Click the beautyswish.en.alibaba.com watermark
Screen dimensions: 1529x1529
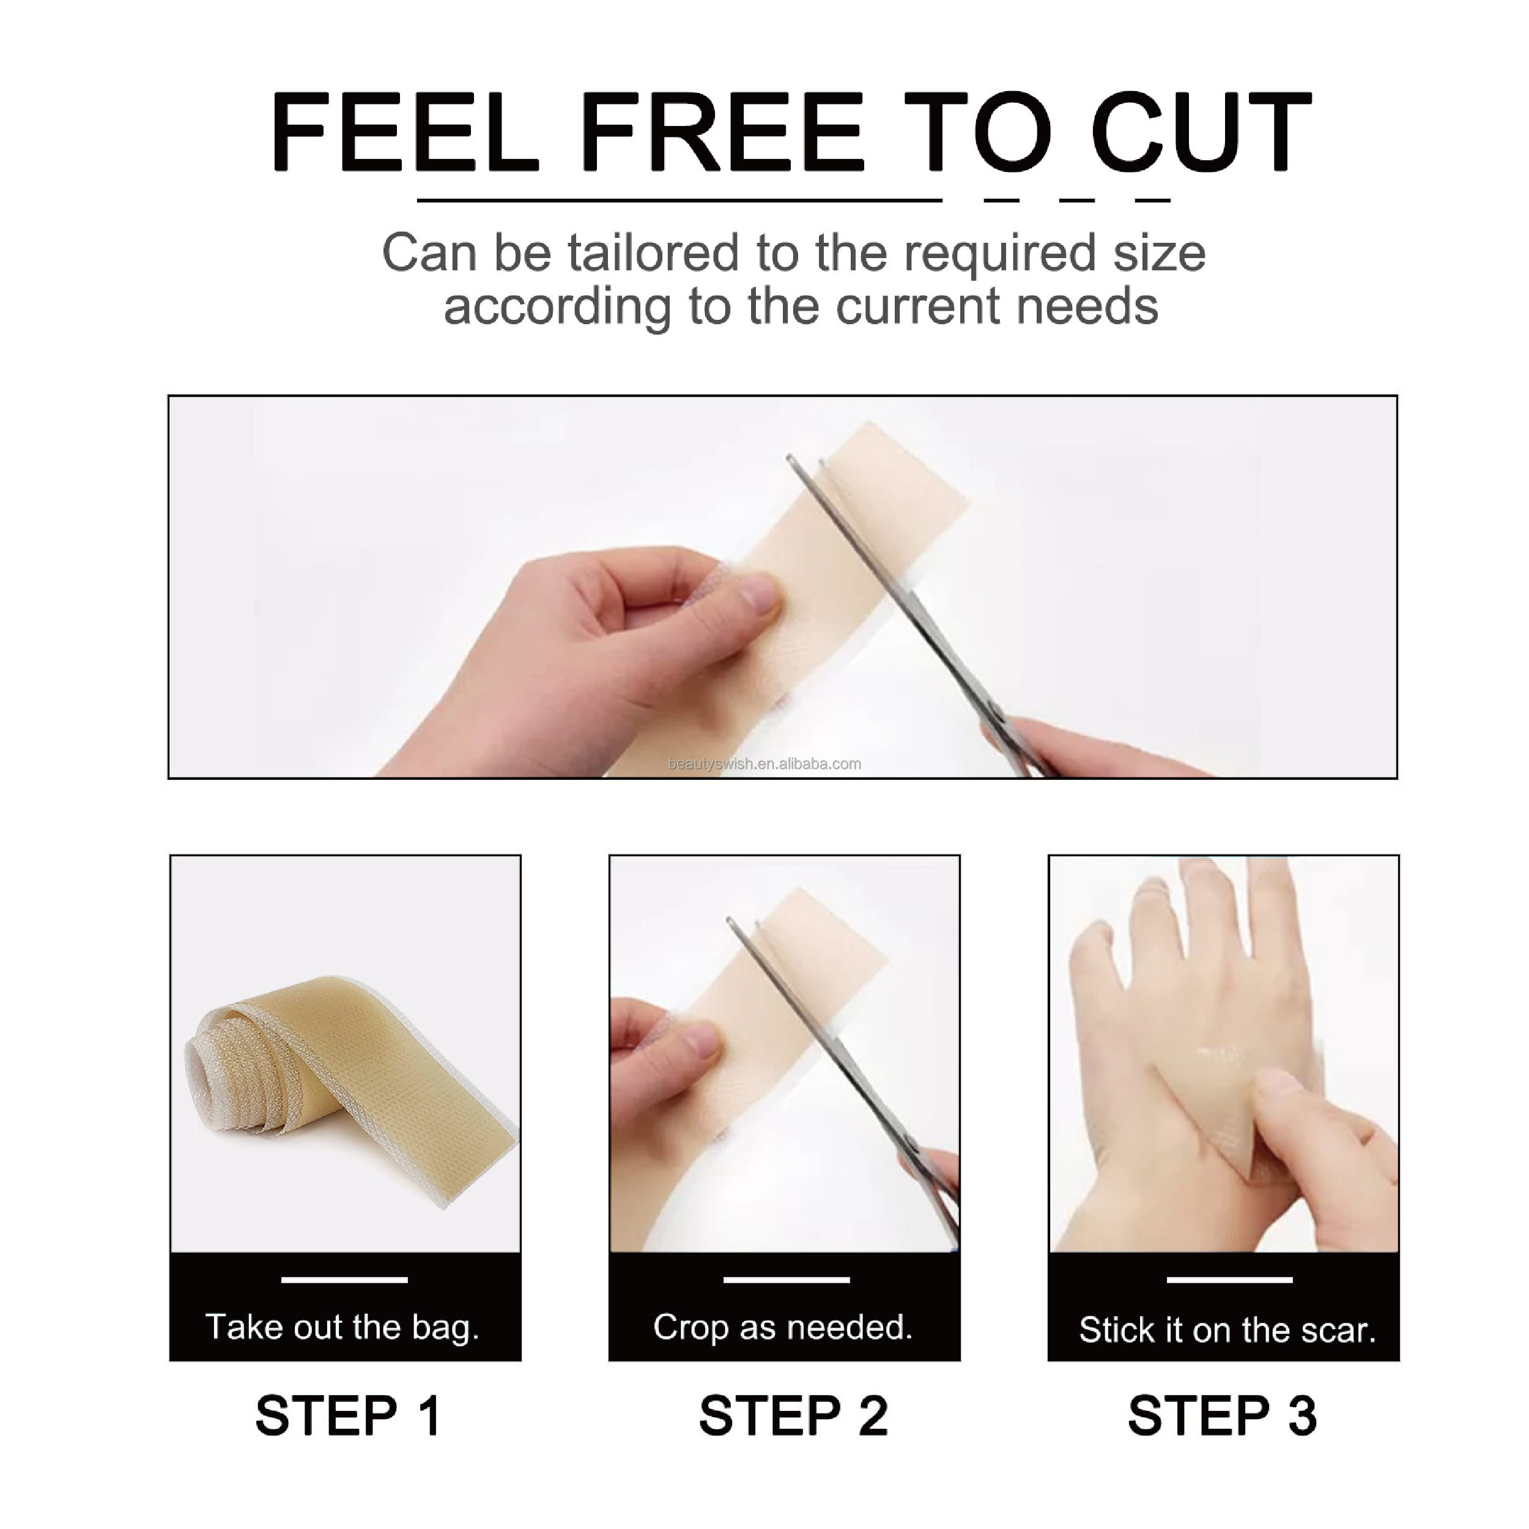pos(764,764)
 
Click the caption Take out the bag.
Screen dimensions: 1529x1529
pos(342,1327)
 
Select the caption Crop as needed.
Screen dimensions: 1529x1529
pos(783,1327)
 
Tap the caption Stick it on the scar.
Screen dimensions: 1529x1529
pos(1227,1330)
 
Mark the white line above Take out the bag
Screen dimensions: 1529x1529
pos(344,1279)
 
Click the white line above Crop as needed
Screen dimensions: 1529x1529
pos(786,1279)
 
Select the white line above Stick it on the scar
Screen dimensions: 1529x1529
pos(1229,1279)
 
